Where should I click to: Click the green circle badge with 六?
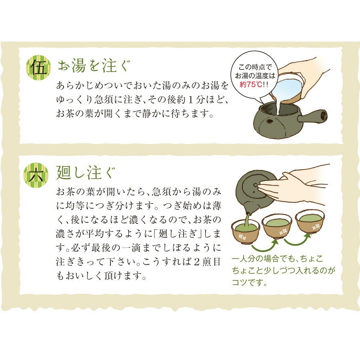coord(39,175)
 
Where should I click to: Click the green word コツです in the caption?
coord(249,283)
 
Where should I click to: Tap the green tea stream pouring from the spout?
coord(248,219)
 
